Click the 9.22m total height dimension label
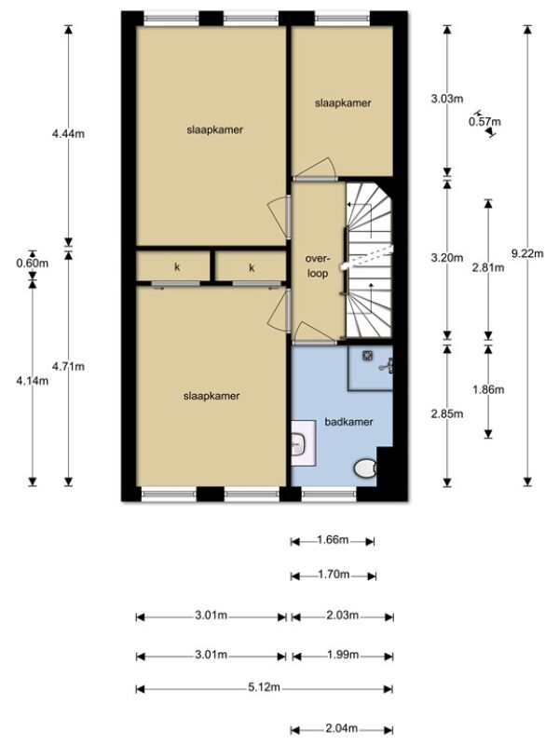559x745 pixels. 527,253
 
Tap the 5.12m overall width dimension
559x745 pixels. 264,687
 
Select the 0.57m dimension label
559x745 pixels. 484,122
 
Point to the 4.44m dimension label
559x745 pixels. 68,134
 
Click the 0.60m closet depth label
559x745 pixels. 33,264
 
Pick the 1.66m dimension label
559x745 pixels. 333,540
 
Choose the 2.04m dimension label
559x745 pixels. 342,728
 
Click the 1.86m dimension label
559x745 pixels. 488,389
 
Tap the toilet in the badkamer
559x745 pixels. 365,468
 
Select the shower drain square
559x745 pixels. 367,355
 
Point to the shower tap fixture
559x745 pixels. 387,365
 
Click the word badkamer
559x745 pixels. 348,422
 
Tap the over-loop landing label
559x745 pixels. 317,266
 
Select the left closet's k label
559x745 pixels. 177,267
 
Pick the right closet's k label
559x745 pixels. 252,267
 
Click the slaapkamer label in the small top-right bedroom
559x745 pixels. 343,102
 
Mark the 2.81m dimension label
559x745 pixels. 488,267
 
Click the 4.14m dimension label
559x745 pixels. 33,380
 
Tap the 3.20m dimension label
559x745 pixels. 447,258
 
